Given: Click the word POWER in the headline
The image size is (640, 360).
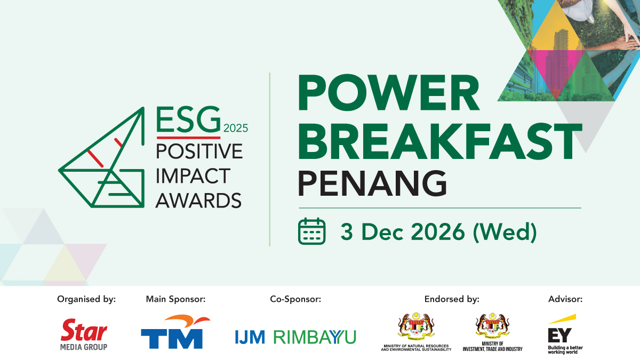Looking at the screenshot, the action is pyautogui.click(x=389, y=93).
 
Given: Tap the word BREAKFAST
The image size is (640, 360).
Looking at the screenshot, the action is pyautogui.click(x=440, y=141).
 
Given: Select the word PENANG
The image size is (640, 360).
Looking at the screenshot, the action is pyautogui.click(x=372, y=183).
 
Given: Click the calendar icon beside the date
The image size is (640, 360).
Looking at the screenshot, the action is pyautogui.click(x=311, y=231).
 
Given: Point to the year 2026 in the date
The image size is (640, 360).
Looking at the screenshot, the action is pyautogui.click(x=438, y=231).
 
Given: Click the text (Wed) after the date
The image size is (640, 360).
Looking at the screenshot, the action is pyautogui.click(x=505, y=233).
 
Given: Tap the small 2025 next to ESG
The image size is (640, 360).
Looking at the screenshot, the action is pyautogui.click(x=236, y=129).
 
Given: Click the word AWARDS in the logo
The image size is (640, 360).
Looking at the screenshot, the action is pyautogui.click(x=198, y=201).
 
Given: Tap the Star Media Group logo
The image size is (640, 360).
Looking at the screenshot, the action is pyautogui.click(x=84, y=334).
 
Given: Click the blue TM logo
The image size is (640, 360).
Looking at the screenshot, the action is pyautogui.click(x=175, y=332).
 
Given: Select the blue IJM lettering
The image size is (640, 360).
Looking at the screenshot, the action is pyautogui.click(x=250, y=337).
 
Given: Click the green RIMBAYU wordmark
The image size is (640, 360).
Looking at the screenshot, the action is pyautogui.click(x=315, y=337).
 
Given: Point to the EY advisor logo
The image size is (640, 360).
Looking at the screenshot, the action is pyautogui.click(x=565, y=334).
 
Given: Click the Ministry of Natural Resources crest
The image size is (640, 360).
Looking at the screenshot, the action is pyautogui.click(x=416, y=326).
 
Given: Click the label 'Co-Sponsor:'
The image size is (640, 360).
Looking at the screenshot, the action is pyautogui.click(x=295, y=299).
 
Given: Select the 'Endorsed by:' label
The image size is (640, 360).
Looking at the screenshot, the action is pyautogui.click(x=452, y=299).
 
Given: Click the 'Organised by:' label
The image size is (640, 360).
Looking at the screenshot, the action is pyautogui.click(x=86, y=299).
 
